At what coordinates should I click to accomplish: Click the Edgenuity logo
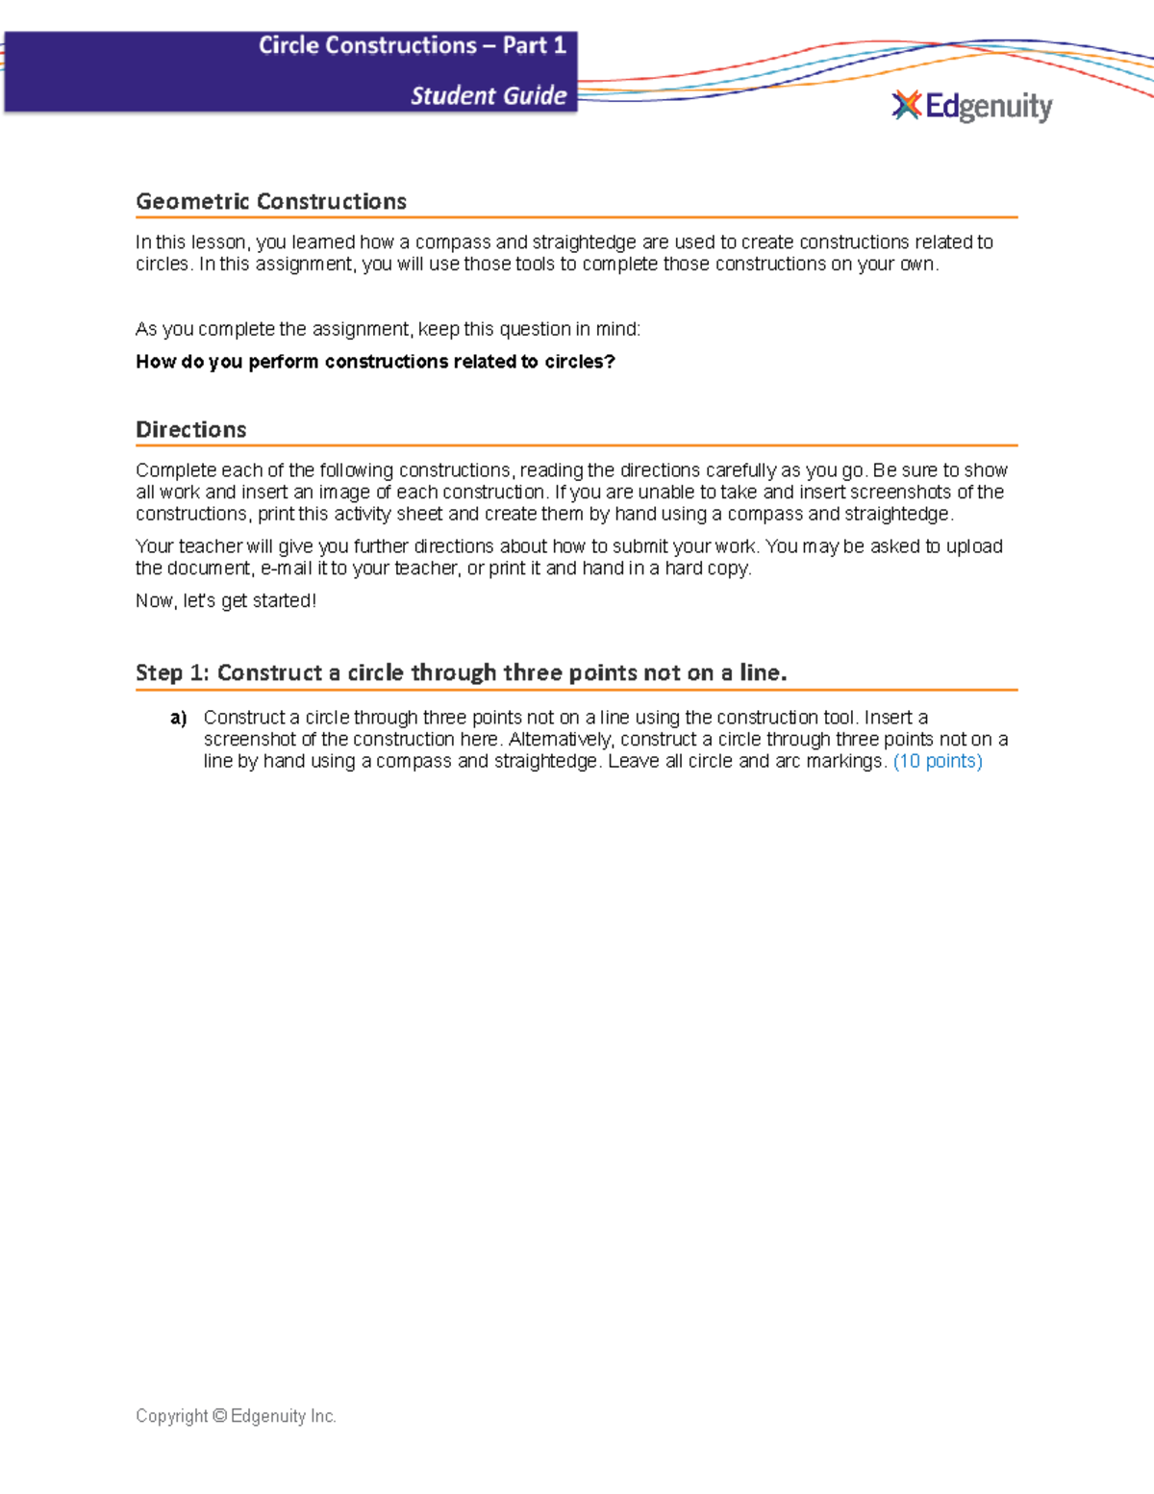[972, 106]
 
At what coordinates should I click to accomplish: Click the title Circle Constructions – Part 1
[412, 45]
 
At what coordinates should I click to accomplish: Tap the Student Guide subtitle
[489, 95]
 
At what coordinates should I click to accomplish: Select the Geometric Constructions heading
[271, 201]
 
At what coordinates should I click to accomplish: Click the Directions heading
[190, 429]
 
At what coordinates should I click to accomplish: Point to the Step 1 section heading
[461, 672]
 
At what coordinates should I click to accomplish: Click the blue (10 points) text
[938, 761]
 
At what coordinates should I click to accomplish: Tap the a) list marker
[178, 718]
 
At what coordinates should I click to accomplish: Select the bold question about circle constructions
[375, 362]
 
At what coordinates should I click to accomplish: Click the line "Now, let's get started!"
[226, 600]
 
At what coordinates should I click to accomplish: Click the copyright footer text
[236, 1415]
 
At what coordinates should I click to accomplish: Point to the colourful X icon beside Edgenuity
[906, 105]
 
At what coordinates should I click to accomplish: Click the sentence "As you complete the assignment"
[388, 329]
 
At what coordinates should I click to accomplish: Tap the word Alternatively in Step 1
[560, 739]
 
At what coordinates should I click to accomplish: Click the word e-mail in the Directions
[286, 569]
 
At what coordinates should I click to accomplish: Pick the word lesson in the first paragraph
[221, 242]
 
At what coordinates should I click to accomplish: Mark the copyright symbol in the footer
[219, 1415]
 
